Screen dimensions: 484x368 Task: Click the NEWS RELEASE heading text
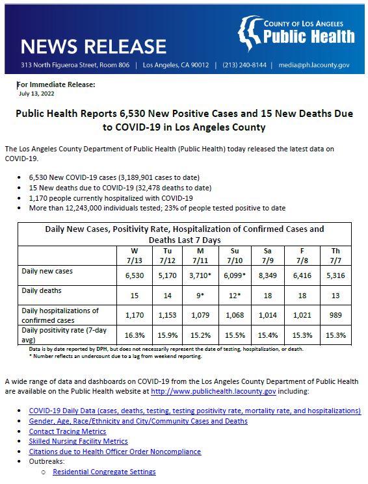point(94,47)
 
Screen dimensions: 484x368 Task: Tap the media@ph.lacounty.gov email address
point(315,66)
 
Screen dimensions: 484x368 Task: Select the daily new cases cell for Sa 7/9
point(267,275)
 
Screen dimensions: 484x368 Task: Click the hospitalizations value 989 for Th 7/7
point(335,315)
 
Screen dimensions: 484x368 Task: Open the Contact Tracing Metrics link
point(67,431)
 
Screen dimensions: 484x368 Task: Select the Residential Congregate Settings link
point(104,472)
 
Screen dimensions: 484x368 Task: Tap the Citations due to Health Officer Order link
point(115,451)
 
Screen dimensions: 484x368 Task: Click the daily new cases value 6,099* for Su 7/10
point(233,275)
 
